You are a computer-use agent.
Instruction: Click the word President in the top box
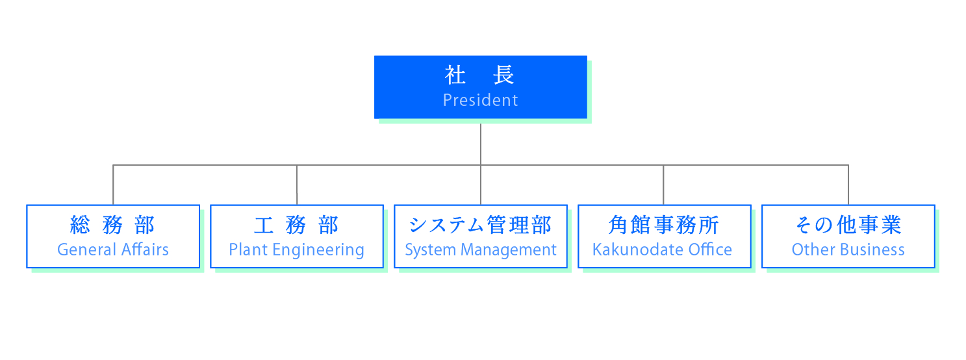coord(480,100)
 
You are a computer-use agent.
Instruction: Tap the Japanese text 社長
coord(479,75)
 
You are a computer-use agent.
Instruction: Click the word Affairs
coord(145,250)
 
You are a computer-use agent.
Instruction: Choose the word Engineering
coord(318,250)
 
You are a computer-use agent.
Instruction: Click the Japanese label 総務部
coord(112,225)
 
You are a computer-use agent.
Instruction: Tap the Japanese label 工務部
coord(296,225)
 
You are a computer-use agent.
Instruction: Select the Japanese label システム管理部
coord(481,225)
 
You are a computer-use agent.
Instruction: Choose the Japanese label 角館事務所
coord(664,225)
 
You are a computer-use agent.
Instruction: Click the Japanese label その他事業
coord(848,225)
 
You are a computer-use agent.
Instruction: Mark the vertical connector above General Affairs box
coord(113,185)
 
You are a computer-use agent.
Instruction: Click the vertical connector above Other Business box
coord(848,185)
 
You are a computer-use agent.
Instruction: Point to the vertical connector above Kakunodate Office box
coord(663,185)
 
